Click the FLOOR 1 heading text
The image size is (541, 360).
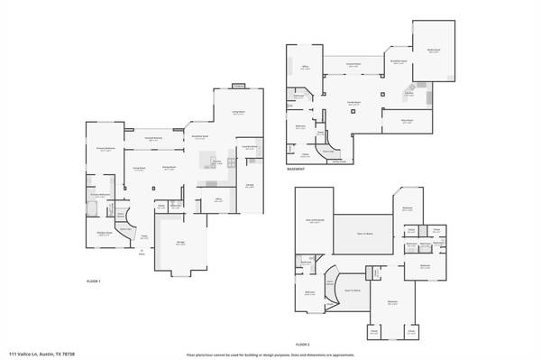pyautogui.click(x=93, y=282)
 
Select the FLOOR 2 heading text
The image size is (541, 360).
pyautogui.click(x=303, y=344)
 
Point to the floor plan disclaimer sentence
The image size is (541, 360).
pyautogui.click(x=270, y=354)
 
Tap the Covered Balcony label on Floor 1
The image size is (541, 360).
pyautogui.click(x=152, y=139)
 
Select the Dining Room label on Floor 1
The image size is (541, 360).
pyautogui.click(x=169, y=168)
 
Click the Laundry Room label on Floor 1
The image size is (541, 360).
pyautogui.click(x=250, y=146)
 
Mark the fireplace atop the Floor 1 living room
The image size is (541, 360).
pyautogui.click(x=238, y=87)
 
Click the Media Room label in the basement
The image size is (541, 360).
pyautogui.click(x=434, y=51)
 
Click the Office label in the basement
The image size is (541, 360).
pyautogui.click(x=306, y=67)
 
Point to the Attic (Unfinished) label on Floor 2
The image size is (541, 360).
pyautogui.click(x=316, y=221)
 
